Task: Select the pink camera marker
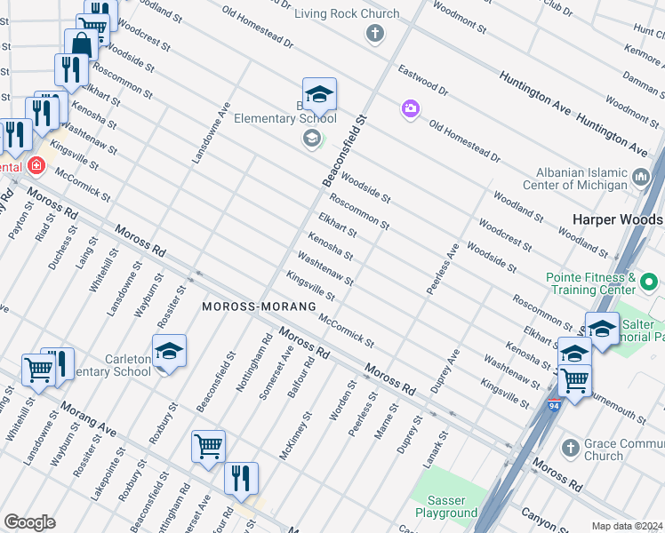coord(410,108)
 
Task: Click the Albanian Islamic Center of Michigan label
coord(569,179)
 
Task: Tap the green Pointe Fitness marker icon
coord(649,283)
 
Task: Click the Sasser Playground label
coord(446,506)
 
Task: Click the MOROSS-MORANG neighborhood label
coord(259,306)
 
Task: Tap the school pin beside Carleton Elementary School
coord(169,352)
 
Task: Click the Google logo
coord(29,521)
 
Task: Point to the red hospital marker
coord(36,165)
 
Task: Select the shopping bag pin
coord(81,45)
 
